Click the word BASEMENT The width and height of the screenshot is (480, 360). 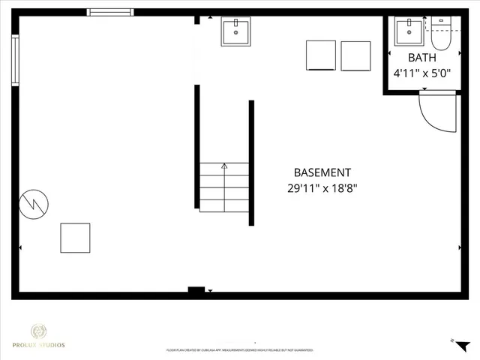coord(322,172)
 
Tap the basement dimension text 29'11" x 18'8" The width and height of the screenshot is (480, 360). coord(322,187)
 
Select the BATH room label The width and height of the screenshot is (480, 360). coord(421,58)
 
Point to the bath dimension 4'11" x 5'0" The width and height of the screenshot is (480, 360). coord(421,73)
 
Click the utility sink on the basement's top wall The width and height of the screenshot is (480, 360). coord(236,31)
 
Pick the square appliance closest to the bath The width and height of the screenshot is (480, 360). coord(355,55)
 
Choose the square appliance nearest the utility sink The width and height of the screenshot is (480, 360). coord(320,55)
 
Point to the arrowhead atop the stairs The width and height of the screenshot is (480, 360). coord(223,166)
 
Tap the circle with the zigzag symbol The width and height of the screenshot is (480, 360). coord(34,203)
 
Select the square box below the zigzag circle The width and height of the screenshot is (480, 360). coord(75,238)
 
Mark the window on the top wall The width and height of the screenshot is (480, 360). coord(109,12)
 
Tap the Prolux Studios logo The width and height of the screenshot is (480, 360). coord(47,335)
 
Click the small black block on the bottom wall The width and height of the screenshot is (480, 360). coord(196,290)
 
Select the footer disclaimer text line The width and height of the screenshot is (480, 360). coord(239,350)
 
